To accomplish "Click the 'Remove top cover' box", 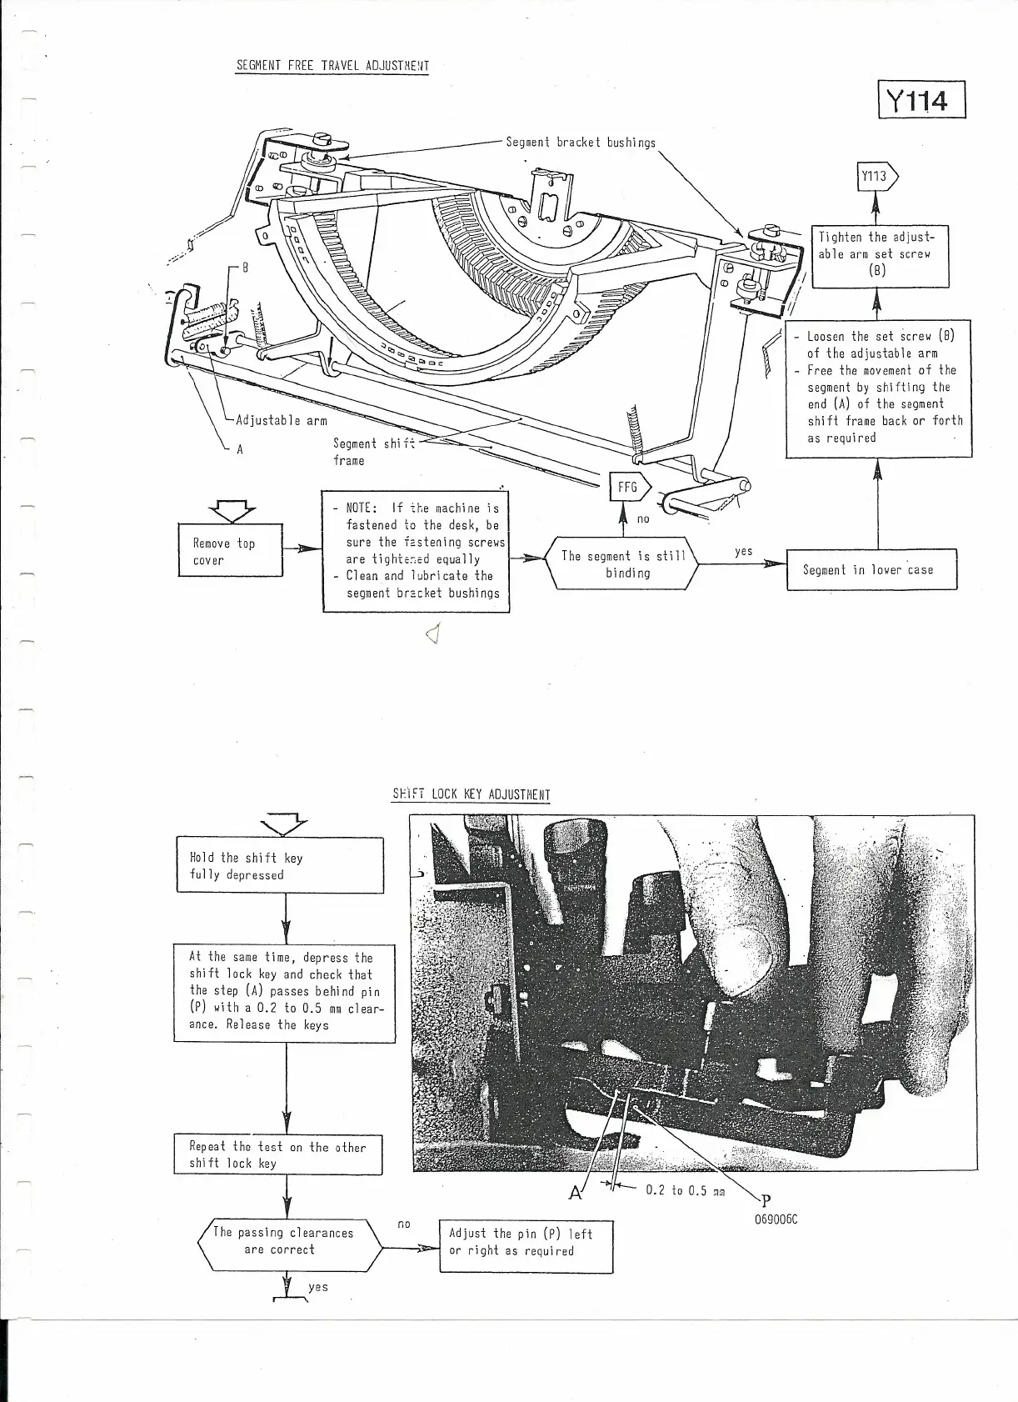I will (231, 551).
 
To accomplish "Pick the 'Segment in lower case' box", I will (871, 570).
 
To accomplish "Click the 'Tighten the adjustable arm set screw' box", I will (880, 255).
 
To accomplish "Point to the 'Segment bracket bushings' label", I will (581, 142).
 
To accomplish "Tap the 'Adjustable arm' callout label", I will (281, 420).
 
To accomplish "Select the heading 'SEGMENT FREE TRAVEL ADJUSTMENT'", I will (332, 66).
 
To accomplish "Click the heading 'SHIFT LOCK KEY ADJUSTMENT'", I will (471, 794).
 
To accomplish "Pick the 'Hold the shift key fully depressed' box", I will (280, 865).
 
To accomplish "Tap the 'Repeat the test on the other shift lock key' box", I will (277, 1154).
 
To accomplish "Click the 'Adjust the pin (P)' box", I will (526, 1246).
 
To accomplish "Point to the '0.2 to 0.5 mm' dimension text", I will (685, 1190).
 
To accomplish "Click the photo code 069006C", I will (774, 1219).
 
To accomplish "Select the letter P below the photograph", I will (766, 1201).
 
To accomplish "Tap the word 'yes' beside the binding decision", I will (744, 551).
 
